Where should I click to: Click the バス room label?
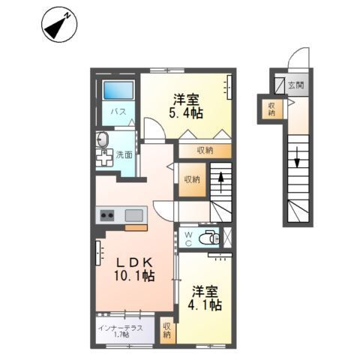(118, 112)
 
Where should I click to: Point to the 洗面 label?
(124, 155)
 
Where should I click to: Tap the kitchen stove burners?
(106, 216)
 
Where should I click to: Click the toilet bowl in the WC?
(212, 238)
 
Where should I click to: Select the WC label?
(190, 238)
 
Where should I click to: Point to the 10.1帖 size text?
(135, 277)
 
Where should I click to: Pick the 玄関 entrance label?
(294, 85)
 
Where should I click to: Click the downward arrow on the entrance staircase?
(297, 159)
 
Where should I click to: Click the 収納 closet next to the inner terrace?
(166, 330)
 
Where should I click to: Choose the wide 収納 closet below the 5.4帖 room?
(205, 150)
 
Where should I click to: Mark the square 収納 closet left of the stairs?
(191, 179)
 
